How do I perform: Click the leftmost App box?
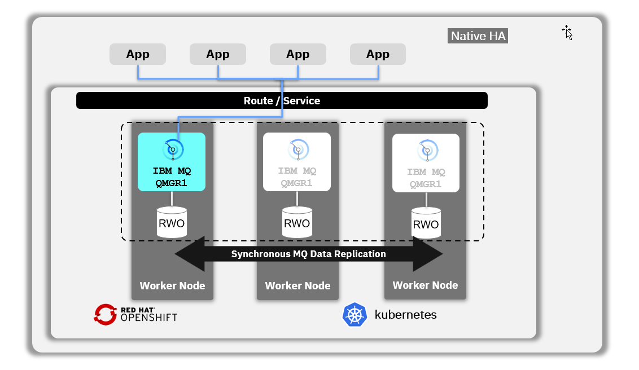point(138,54)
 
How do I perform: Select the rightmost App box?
point(378,54)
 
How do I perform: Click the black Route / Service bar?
point(282,101)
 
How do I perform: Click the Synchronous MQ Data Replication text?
point(309,254)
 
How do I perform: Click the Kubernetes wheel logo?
point(354,315)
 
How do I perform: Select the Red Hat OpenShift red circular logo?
point(105,314)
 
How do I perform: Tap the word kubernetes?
point(405,315)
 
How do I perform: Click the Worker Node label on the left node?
point(172,285)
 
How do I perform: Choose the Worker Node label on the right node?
point(425,285)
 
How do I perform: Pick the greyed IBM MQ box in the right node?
point(426,163)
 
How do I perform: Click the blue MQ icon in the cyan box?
point(173,149)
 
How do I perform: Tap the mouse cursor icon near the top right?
point(567,33)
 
